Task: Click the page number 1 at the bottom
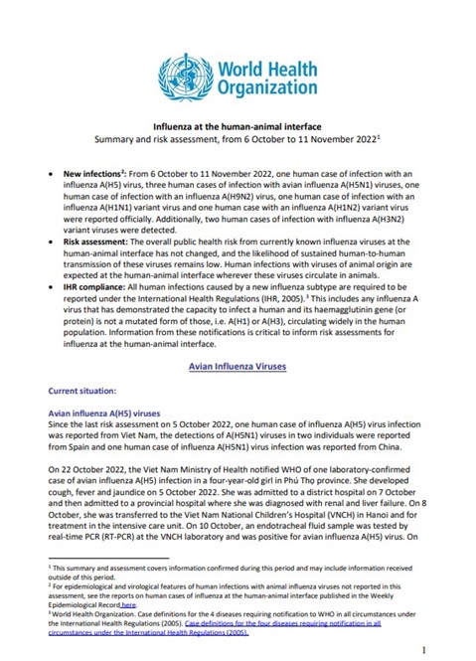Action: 423,648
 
